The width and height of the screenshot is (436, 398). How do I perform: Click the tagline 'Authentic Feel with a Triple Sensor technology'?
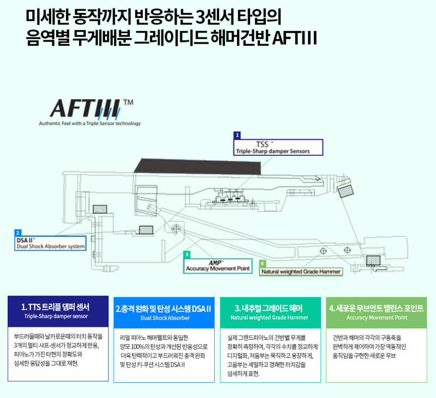click(89, 124)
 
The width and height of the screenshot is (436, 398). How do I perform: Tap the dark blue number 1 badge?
click(237, 134)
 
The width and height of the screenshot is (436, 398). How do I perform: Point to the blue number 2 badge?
click(18, 232)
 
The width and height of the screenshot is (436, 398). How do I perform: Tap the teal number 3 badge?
click(187, 254)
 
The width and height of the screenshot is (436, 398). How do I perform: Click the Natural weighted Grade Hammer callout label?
click(300, 271)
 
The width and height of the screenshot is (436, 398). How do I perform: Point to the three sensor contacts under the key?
click(228, 198)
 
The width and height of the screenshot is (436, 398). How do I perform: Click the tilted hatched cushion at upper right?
click(346, 190)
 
